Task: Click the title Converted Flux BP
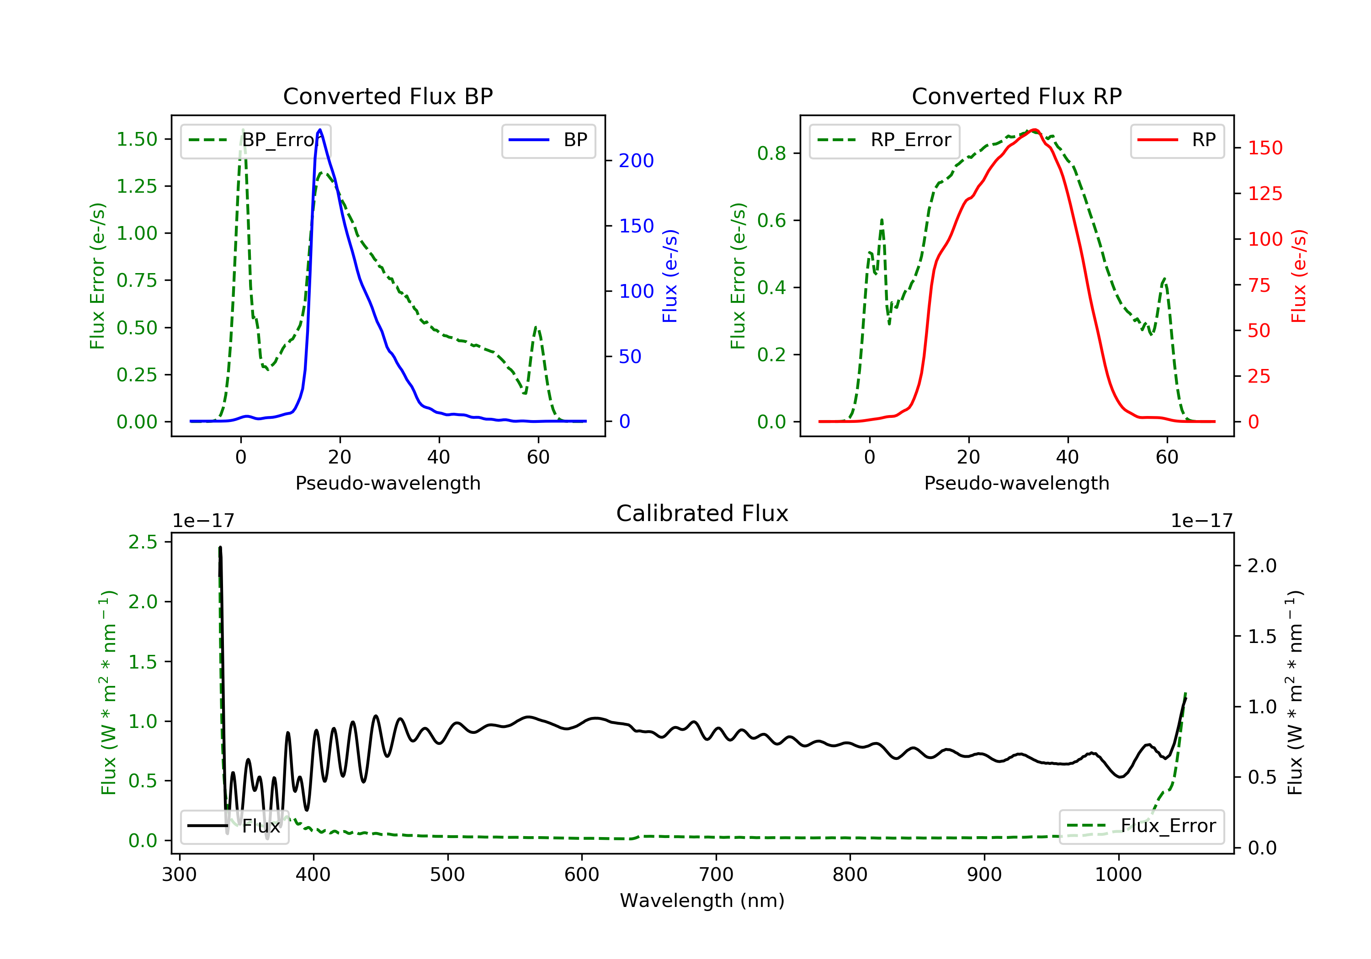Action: [388, 96]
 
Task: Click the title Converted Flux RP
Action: [1016, 96]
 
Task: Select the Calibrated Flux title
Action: [702, 513]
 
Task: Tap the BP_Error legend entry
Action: [255, 140]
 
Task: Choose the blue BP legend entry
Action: [548, 140]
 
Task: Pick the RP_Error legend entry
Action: [884, 140]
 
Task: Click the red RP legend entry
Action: [1177, 140]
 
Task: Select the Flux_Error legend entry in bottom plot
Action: [1141, 826]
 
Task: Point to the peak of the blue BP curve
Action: [320, 130]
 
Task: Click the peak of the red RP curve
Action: [1034, 130]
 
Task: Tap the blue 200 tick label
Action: [636, 161]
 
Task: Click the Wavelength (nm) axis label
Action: [702, 901]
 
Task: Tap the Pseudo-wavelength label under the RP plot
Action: [1016, 483]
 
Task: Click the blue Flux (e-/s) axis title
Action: [670, 276]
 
